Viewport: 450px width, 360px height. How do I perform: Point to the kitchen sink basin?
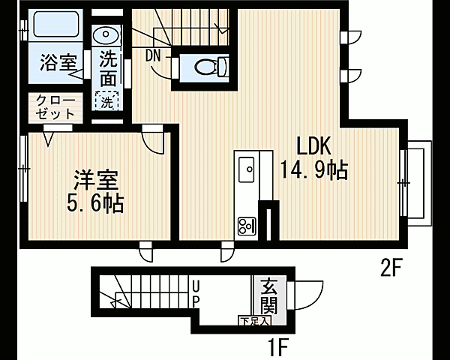point(246,169)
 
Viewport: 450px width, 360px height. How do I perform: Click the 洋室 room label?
point(97,179)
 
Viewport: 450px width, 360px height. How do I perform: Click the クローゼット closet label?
point(55,107)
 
